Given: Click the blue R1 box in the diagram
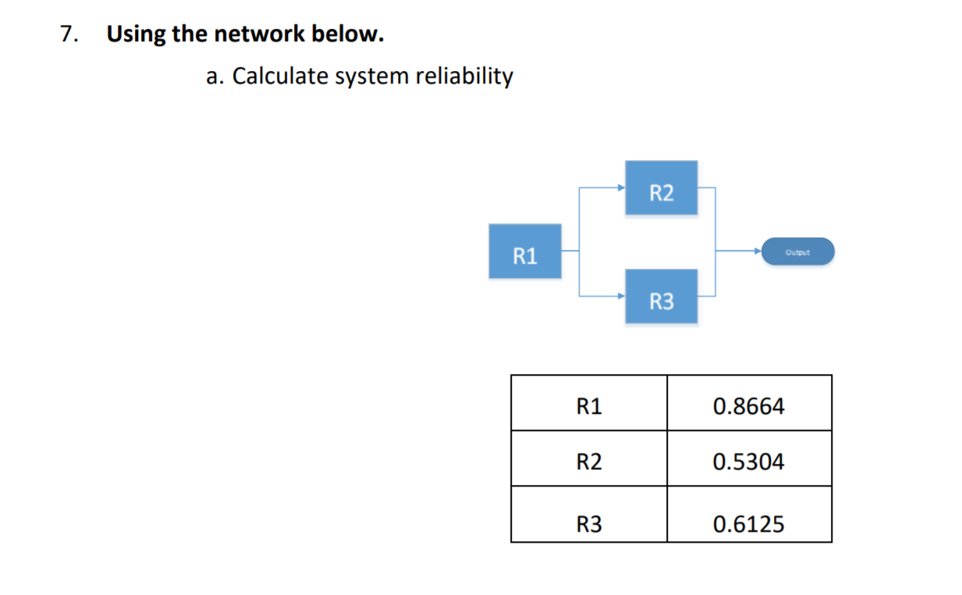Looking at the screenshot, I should (524, 251).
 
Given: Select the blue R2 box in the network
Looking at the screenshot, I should (661, 187).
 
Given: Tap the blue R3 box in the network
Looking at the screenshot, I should (661, 296).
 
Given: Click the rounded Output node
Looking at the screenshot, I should (797, 251).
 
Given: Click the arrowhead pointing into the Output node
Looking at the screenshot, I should (757, 251).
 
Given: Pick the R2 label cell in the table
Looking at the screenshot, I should (589, 461).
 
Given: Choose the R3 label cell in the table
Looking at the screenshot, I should (589, 524).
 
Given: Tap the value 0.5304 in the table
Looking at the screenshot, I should (748, 461).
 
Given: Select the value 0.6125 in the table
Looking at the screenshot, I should (748, 524).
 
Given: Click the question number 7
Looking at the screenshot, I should (69, 34).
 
